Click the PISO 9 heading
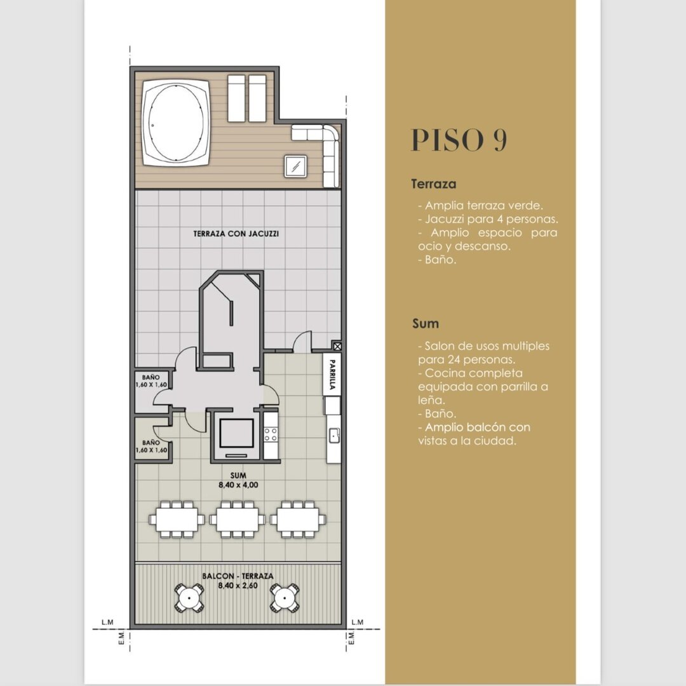(x=459, y=140)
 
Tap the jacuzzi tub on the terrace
(x=176, y=122)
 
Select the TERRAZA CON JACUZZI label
(x=236, y=234)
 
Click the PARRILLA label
(x=332, y=375)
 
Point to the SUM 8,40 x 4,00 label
(x=238, y=480)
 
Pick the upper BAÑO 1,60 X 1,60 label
(x=151, y=380)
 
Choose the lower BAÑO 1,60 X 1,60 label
(x=151, y=447)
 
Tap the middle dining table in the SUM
(x=237, y=520)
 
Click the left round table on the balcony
(x=189, y=597)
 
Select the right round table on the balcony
(x=285, y=597)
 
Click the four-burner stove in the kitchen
(x=271, y=434)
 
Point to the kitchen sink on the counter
(x=335, y=434)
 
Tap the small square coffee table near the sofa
(x=296, y=166)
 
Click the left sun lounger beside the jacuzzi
(x=236, y=98)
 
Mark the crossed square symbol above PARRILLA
(x=337, y=347)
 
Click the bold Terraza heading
(x=434, y=184)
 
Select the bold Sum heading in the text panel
(x=425, y=324)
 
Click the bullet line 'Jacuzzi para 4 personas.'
(x=488, y=219)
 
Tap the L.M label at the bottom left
(x=107, y=622)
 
